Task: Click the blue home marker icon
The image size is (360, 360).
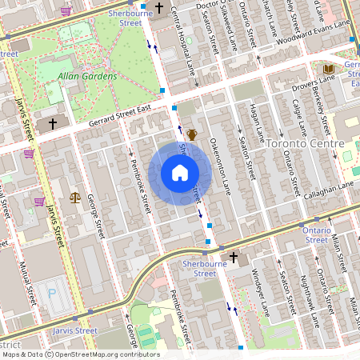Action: (179, 173)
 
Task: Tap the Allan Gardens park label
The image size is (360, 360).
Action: (87, 77)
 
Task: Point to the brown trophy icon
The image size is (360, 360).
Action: (192, 134)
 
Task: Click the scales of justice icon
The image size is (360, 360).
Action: (75, 196)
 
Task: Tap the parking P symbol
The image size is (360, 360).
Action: (53, 294)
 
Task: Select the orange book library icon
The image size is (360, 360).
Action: (327, 70)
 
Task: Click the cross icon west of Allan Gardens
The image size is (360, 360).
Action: (53, 124)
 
